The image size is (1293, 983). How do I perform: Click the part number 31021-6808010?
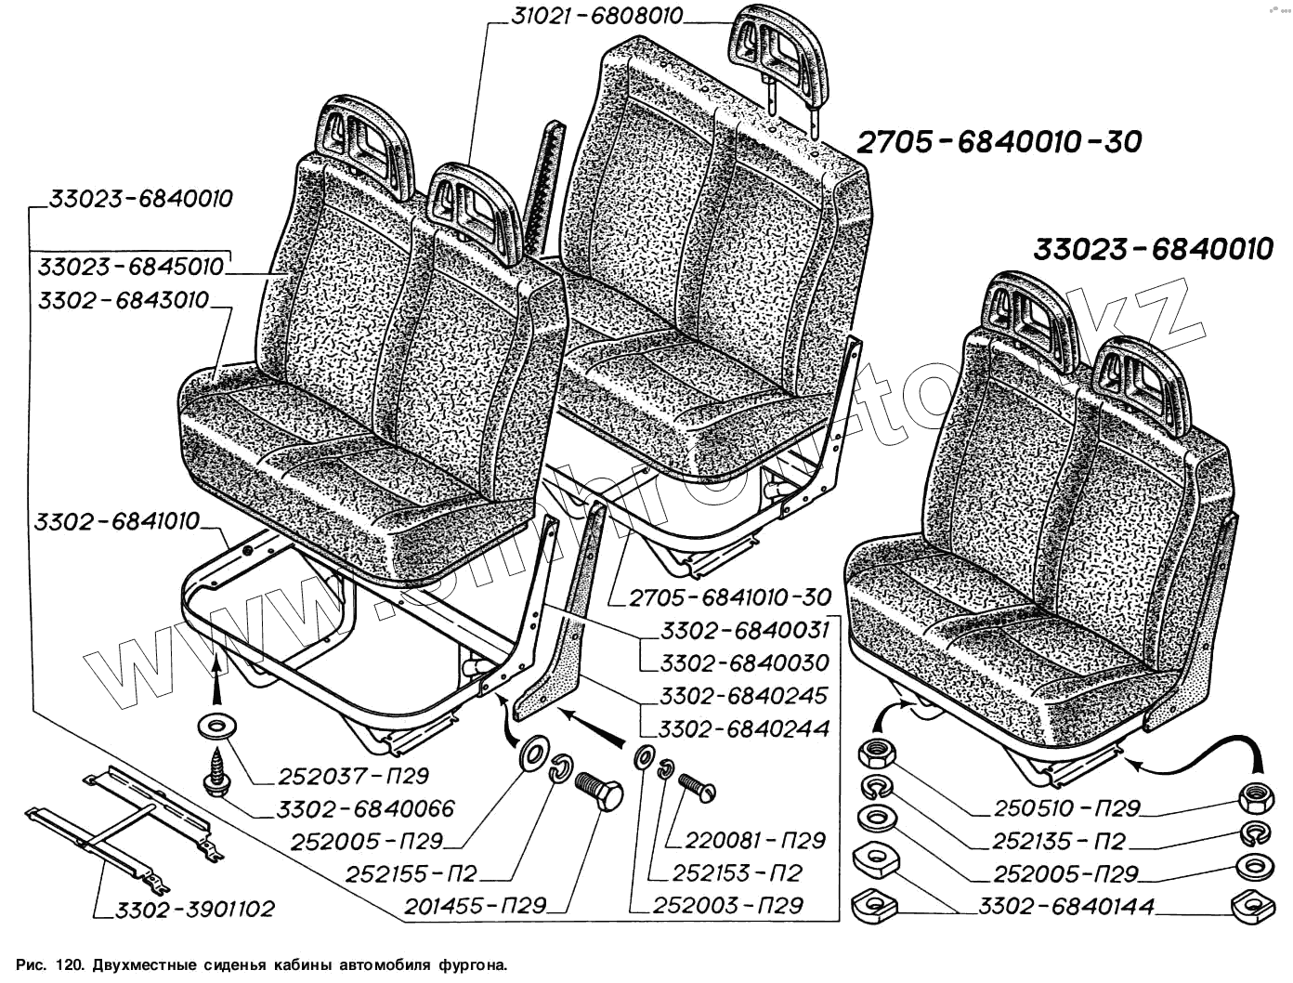click(597, 16)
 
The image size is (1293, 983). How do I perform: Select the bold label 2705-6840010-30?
click(998, 142)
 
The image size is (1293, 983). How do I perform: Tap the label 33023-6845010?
click(131, 268)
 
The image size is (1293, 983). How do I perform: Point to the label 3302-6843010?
click(124, 301)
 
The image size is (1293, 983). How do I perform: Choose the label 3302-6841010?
click(117, 522)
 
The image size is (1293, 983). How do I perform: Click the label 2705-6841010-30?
click(729, 597)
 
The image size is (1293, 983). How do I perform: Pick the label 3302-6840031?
click(745, 631)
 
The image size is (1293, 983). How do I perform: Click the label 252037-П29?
click(342, 776)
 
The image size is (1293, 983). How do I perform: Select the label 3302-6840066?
click(367, 809)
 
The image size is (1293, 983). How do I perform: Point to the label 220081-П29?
click(755, 841)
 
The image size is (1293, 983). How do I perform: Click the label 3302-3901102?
click(195, 910)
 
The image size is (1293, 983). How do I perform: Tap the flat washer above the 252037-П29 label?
click(215, 725)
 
